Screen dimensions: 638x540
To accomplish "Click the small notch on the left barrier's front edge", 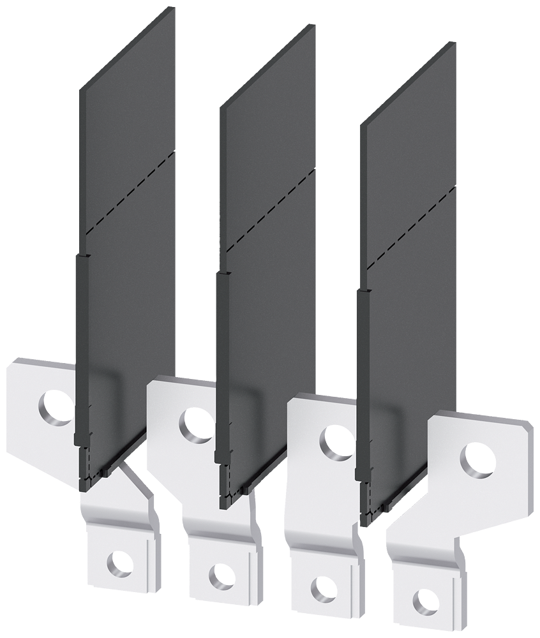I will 82,255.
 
